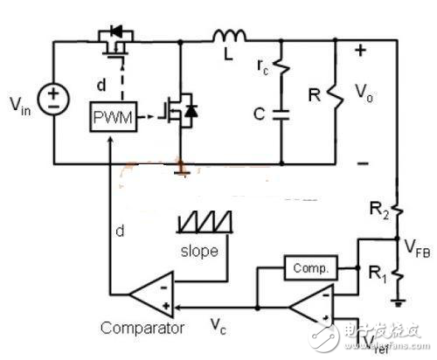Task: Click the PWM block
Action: coord(113,118)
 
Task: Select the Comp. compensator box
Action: coord(307,268)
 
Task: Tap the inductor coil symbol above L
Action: coord(230,36)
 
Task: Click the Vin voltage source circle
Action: coord(54,102)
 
